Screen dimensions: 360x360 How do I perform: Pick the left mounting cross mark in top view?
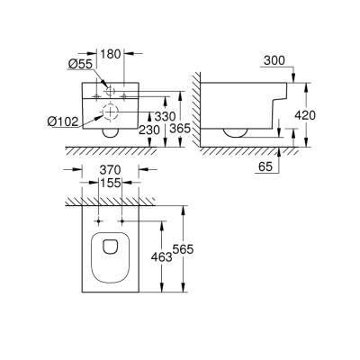click(94, 220)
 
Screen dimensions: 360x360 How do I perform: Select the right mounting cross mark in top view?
click(123, 220)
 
